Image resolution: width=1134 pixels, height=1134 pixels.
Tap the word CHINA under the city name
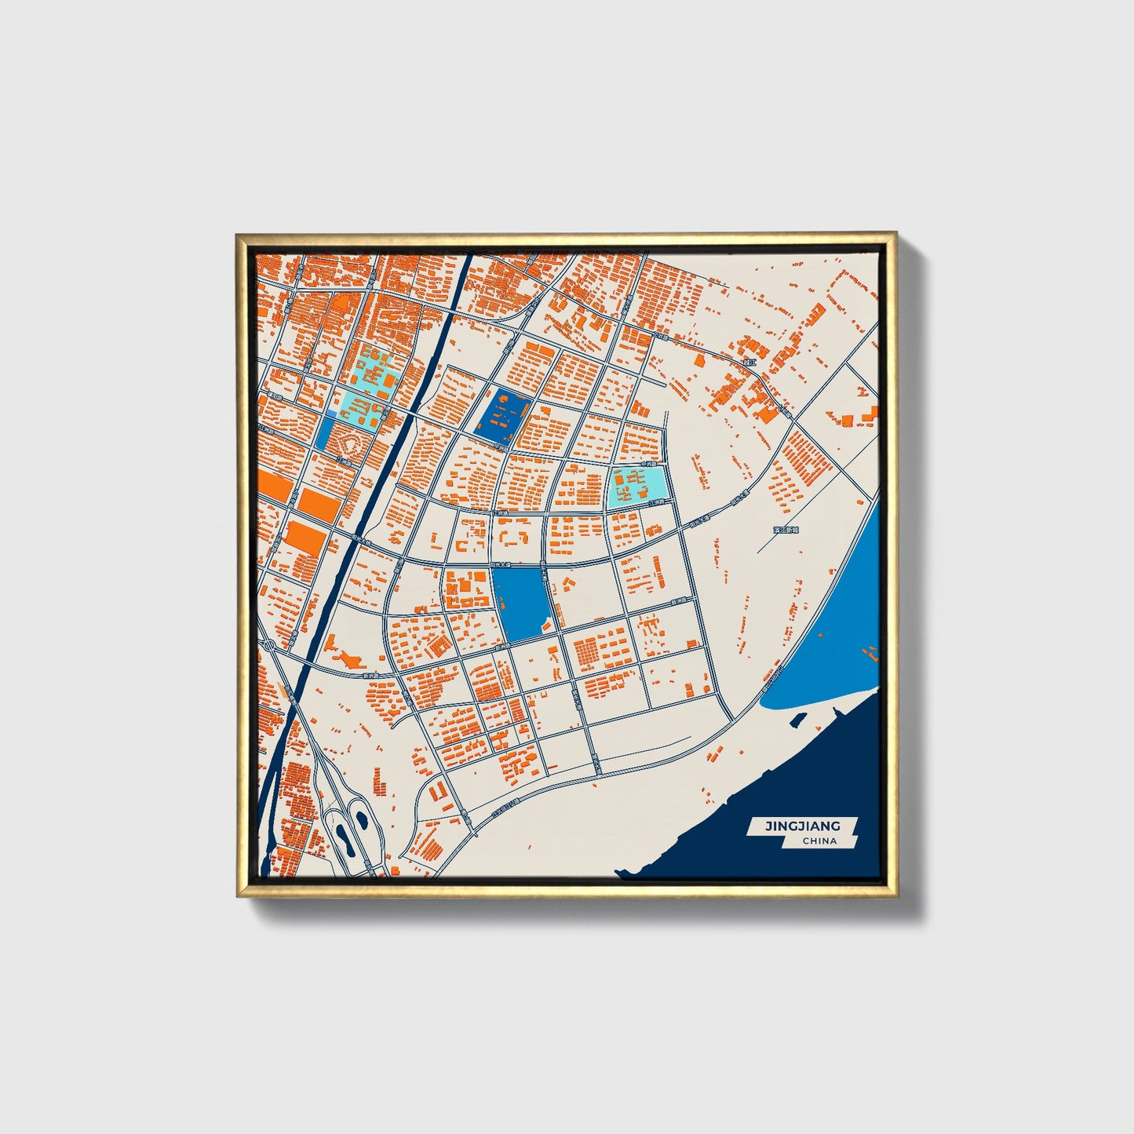click(819, 840)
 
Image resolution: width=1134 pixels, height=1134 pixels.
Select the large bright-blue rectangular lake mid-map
click(523, 603)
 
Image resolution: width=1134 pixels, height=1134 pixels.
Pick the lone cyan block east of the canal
click(639, 487)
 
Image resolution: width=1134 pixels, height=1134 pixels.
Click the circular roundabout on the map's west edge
click(268, 645)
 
